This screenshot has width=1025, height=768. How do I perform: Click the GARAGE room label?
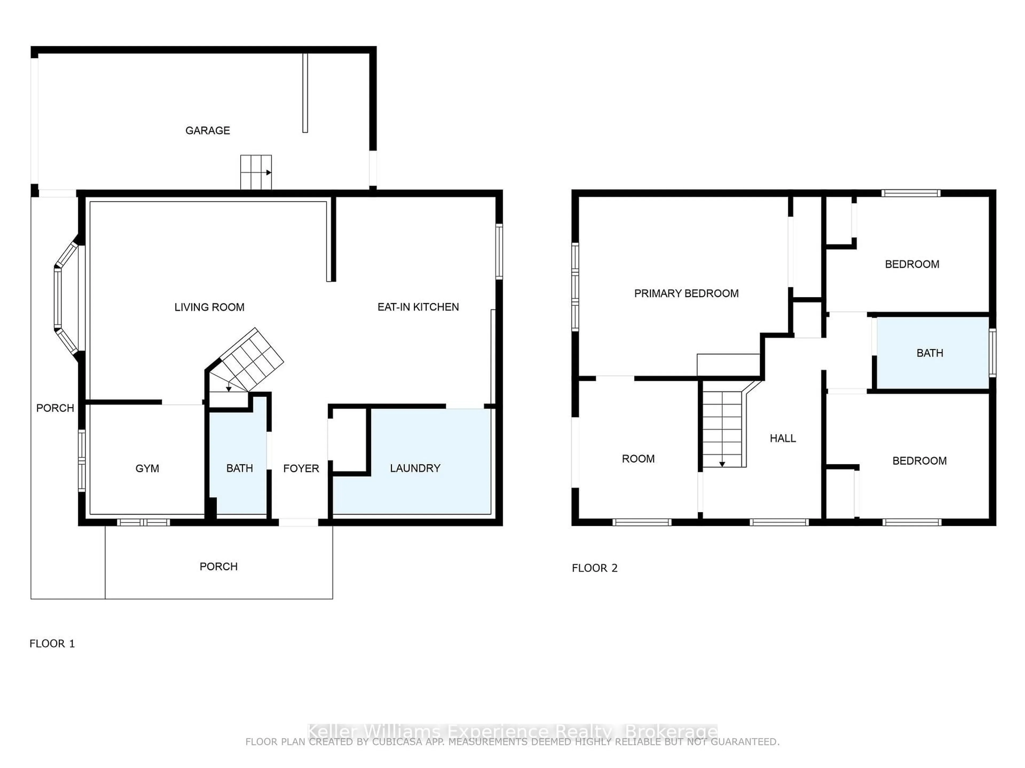[x=208, y=131]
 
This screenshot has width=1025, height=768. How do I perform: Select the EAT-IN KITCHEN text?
[x=418, y=307]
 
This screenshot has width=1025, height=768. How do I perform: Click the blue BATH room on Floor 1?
[x=239, y=469]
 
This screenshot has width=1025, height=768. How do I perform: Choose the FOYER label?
[x=301, y=469]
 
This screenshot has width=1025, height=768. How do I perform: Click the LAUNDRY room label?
[x=415, y=469]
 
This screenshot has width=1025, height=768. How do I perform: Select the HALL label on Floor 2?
[x=783, y=438]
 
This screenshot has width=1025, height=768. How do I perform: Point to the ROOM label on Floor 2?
[x=638, y=459]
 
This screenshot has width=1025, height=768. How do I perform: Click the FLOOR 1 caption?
[x=52, y=643]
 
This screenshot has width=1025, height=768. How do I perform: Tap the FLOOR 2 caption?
[x=594, y=568]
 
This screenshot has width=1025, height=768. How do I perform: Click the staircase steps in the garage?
[x=256, y=172]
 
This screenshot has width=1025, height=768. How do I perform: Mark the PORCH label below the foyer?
[x=218, y=567]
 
